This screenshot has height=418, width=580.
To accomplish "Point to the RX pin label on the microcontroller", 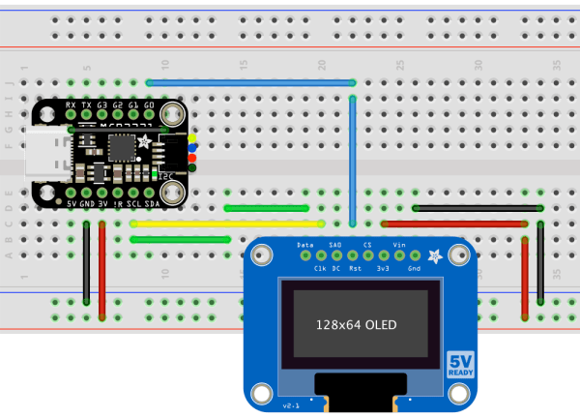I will tap(71, 104).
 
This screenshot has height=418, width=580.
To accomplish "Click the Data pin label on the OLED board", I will tap(305, 245).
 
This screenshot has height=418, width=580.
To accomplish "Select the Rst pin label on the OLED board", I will tap(355, 268).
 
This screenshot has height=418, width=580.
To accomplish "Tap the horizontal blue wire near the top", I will tap(251, 83).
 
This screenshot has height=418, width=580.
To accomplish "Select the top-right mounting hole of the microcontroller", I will tap(171, 112).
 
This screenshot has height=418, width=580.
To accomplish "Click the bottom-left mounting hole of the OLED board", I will tap(259, 392).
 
